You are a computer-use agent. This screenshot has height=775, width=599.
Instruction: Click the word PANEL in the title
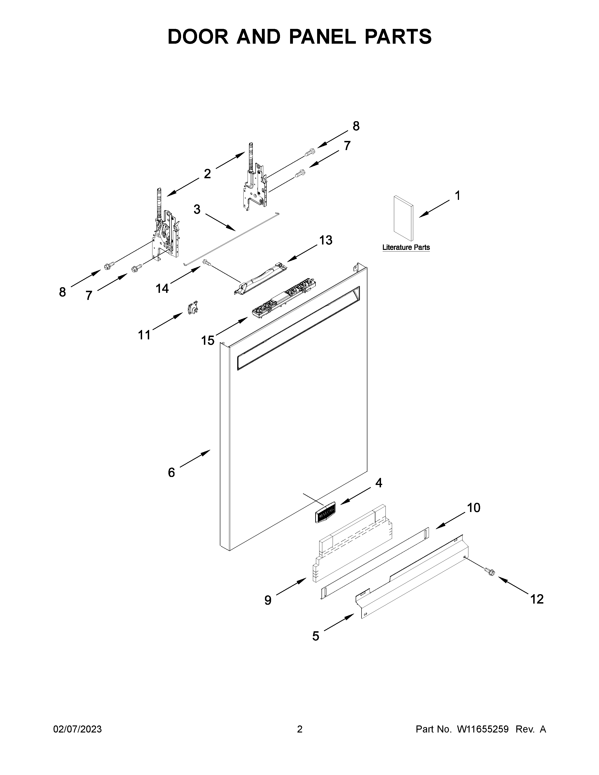[323, 37]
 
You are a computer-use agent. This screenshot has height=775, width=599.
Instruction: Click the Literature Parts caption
[406, 247]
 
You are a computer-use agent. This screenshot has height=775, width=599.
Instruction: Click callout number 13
[325, 240]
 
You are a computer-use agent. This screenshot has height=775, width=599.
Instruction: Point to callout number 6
[171, 472]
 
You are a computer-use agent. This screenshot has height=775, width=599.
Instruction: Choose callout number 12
[537, 599]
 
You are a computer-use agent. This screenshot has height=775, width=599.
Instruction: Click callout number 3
[197, 209]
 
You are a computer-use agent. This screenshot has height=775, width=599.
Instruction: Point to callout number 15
[208, 340]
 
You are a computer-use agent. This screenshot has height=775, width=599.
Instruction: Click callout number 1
[458, 196]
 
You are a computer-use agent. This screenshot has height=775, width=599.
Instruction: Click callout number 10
[473, 508]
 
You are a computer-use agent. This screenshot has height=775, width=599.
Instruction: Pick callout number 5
[315, 636]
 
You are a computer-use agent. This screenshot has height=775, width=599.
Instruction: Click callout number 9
[268, 600]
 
